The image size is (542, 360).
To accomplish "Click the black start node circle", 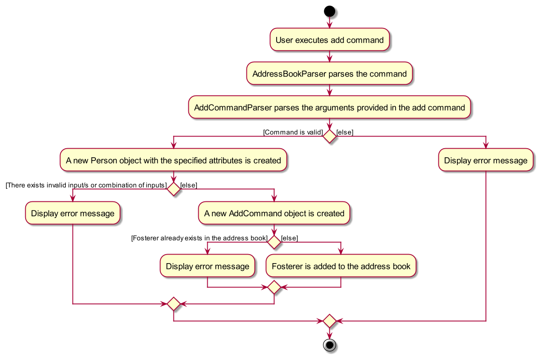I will point(329,11).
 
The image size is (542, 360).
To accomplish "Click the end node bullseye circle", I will point(329,345).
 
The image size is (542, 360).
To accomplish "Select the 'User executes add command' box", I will point(329,40).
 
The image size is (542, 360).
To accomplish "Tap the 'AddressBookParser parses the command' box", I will point(329,74).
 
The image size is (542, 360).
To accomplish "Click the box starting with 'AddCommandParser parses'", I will point(329,108).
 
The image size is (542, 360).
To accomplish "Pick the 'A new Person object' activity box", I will point(173,160).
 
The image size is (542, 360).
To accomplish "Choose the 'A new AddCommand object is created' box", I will point(274,214).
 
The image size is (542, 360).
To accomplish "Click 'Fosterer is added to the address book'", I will point(341,266).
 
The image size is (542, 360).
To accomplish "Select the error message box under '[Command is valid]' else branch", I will point(486,160).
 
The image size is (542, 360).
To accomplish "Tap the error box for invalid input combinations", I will point(73,214).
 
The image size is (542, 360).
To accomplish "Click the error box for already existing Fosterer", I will point(207,266).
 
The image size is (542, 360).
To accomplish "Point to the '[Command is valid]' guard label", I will point(293,132).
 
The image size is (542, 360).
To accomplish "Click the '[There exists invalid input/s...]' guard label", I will point(86,185).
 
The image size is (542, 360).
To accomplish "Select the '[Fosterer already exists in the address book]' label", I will point(199,238).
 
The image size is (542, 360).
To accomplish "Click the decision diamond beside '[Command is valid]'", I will point(329,136).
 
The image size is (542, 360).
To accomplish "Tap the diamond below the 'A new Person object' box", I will point(173,189).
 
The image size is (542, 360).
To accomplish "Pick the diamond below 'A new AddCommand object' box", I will point(274,242).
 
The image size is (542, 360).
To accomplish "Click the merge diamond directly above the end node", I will point(329,321).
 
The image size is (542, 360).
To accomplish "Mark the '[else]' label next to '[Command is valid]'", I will point(345,132).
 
